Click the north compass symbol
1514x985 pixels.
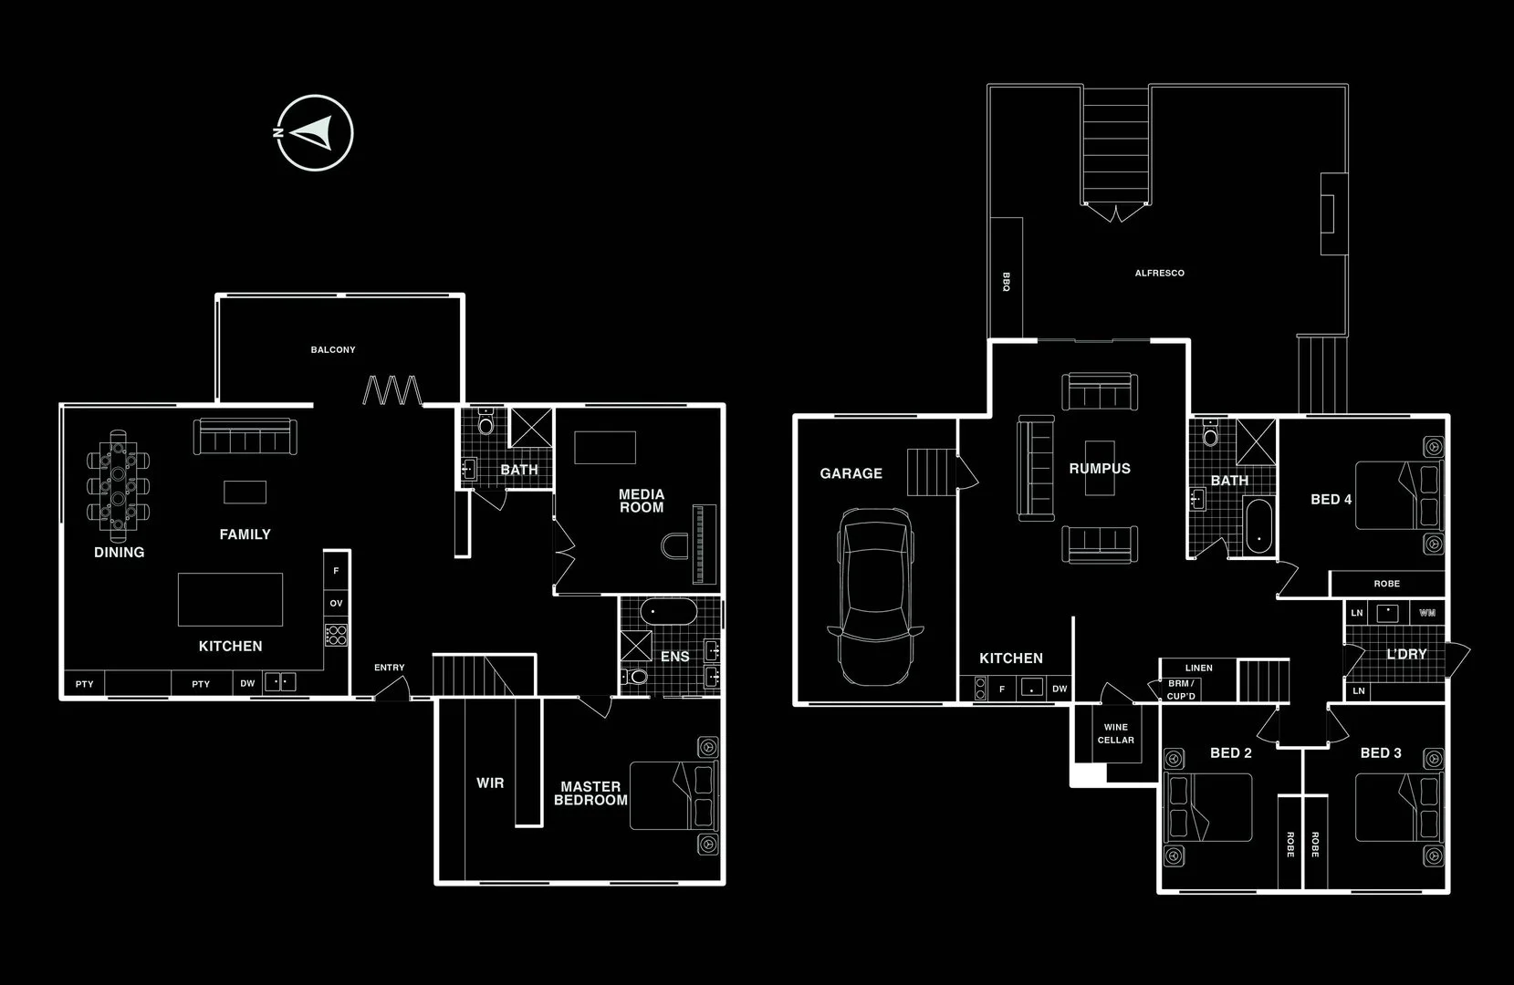(x=314, y=132)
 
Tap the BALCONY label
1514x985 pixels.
(x=333, y=350)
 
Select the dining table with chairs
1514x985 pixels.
(x=119, y=486)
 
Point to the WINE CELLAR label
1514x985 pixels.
(x=1116, y=733)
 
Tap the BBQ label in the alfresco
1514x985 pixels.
(x=1007, y=282)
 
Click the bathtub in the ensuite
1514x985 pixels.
(x=668, y=611)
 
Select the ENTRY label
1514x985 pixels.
(x=390, y=668)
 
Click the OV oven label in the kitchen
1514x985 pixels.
(x=336, y=603)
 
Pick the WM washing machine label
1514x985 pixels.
(x=1427, y=613)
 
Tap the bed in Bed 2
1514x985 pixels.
(x=1208, y=807)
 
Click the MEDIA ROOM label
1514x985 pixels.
(x=642, y=502)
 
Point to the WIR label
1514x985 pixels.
(x=490, y=783)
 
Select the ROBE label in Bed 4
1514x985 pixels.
(x=1387, y=584)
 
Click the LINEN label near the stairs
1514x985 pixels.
(x=1199, y=669)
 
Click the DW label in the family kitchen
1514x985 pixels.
(x=247, y=684)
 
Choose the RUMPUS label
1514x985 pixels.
(x=1100, y=468)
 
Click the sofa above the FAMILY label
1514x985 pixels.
(x=245, y=437)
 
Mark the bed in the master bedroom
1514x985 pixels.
(x=673, y=796)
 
